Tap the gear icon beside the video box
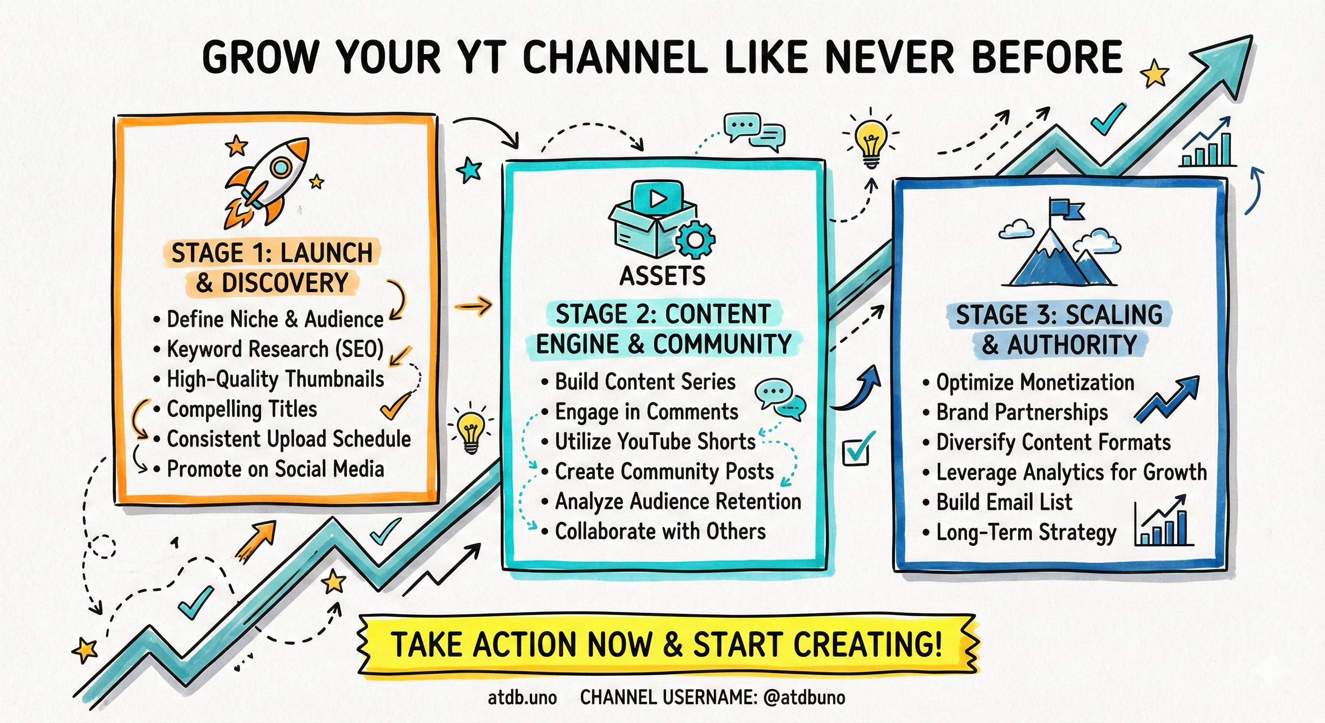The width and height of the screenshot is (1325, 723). [695, 239]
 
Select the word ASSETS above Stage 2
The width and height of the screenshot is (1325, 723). [662, 276]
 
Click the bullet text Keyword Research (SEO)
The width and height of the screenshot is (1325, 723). [275, 349]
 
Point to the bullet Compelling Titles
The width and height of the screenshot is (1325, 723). [242, 409]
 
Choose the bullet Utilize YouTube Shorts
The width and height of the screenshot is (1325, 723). [655, 442]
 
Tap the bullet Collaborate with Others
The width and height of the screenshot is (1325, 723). [660, 531]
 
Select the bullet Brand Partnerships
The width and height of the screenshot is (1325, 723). [1022, 412]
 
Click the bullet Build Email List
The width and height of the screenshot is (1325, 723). [1004, 502]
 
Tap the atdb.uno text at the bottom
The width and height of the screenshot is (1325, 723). [522, 698]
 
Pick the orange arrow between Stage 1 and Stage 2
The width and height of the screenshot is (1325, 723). [473, 307]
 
